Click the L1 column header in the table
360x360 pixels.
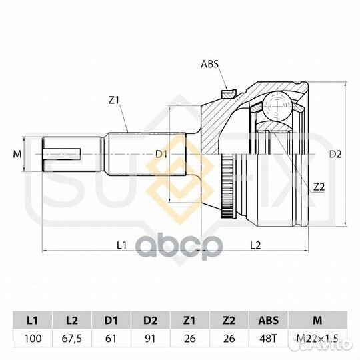[x=33, y=320]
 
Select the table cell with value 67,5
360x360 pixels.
[x=72, y=339]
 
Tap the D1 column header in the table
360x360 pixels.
[x=111, y=320]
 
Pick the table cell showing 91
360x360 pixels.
[x=151, y=339]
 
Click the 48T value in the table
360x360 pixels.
[x=268, y=339]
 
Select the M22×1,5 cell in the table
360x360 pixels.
[x=317, y=339]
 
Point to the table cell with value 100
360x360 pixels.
[x=33, y=339]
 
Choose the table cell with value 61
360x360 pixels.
[x=111, y=339]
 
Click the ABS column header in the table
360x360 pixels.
[x=268, y=320]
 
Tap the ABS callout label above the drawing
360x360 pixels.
[x=209, y=64]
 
